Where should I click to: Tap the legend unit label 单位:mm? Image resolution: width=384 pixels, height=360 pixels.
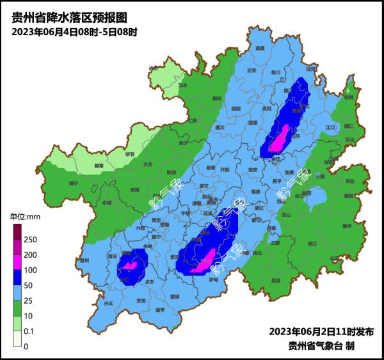(25, 216)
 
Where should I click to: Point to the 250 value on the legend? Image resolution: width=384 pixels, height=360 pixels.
(30, 239)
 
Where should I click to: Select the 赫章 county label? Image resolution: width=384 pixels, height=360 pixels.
(99, 166)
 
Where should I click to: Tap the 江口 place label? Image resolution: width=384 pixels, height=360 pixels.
(330, 128)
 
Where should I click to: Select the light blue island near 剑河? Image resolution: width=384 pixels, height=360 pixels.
(313, 199)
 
